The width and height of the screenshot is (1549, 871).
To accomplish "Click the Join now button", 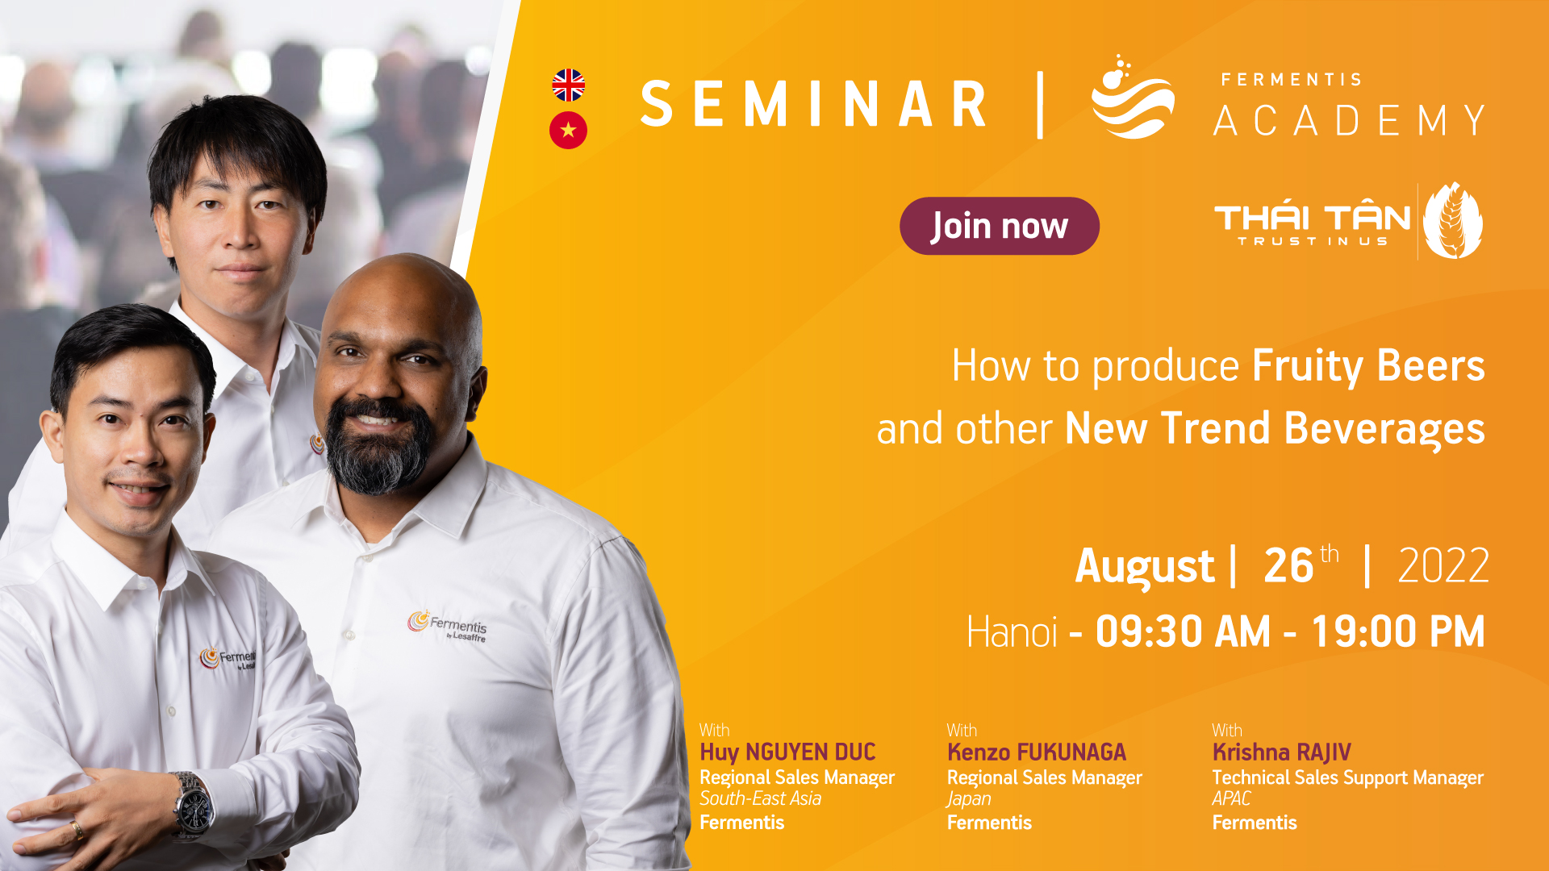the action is click(x=999, y=226).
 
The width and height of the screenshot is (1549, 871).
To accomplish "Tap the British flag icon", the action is click(x=568, y=85).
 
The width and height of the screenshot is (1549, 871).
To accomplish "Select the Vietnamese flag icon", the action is click(x=568, y=130).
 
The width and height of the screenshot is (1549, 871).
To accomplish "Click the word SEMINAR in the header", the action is click(x=813, y=104).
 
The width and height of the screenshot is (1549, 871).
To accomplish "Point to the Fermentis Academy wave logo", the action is click(x=1132, y=98).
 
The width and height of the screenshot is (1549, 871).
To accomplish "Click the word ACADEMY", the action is click(x=1349, y=121).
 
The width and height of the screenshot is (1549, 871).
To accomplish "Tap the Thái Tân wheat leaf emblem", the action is click(x=1453, y=220).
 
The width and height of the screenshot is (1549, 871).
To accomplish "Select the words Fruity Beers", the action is click(x=1368, y=367).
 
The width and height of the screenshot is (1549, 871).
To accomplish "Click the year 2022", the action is click(x=1443, y=565).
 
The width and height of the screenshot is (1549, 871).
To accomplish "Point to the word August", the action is click(x=1145, y=567).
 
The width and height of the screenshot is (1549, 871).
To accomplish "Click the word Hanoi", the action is click(x=1012, y=631).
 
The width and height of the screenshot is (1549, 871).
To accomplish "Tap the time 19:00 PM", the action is click(x=1398, y=631).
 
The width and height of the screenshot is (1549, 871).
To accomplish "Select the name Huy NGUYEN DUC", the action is click(x=787, y=752).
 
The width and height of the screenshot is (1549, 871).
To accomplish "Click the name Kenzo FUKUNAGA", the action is click(x=1036, y=752).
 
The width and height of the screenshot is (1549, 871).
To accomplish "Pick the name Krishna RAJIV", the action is click(x=1281, y=752).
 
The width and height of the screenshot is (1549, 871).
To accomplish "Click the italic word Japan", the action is click(x=969, y=799).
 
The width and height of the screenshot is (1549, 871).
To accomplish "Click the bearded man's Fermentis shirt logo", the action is click(x=447, y=626).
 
